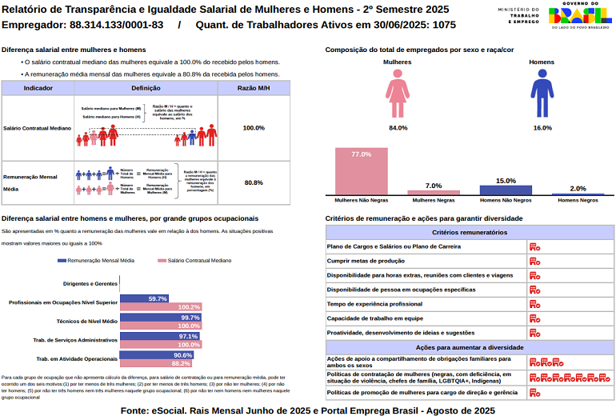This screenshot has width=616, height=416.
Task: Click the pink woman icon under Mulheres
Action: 398,94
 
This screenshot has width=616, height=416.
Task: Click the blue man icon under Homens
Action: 542,94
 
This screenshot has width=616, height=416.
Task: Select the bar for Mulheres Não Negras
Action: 361,171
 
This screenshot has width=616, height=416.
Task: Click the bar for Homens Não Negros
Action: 506,190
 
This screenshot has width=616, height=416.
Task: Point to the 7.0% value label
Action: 434,186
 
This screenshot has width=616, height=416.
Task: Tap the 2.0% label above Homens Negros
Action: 578,189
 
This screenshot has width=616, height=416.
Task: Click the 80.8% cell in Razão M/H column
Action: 254,182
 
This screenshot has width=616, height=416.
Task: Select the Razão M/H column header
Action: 254,87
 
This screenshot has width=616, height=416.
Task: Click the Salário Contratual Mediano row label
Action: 38,128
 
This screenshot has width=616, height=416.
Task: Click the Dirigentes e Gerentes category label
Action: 90,283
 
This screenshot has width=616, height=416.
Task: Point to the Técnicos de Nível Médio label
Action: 87,321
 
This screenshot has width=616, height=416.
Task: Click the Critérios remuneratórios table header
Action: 469,232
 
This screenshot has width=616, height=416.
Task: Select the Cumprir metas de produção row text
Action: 366,261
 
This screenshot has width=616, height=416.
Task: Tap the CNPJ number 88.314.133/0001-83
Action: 117,25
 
